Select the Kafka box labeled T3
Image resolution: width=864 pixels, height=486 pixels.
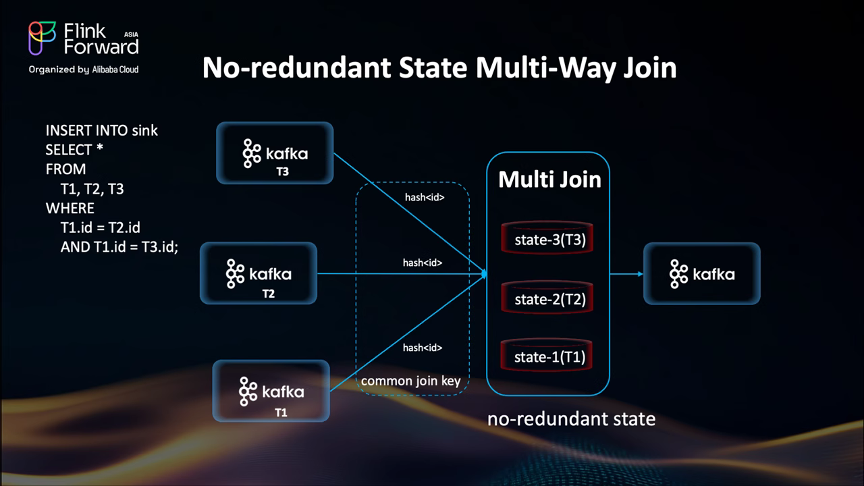(x=275, y=153)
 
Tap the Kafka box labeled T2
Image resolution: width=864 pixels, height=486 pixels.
(x=259, y=273)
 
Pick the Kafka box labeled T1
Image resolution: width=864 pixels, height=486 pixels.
(x=271, y=391)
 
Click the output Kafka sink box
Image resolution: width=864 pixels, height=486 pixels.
(x=702, y=274)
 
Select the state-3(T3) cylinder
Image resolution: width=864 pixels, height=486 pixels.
(x=547, y=239)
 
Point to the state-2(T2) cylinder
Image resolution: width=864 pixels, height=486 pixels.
(x=547, y=298)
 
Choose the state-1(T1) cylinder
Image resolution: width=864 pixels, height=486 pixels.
(x=547, y=357)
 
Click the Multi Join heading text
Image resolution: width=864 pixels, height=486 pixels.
(x=549, y=180)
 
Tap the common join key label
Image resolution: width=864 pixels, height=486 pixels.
(x=411, y=381)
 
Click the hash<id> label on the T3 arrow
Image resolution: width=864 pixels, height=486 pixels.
(x=423, y=198)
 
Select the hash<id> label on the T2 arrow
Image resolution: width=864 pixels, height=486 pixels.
(x=423, y=263)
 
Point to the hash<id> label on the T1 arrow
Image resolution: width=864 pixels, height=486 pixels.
(x=423, y=348)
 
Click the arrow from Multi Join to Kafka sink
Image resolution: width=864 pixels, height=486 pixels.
(x=626, y=274)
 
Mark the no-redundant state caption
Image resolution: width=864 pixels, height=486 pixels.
(x=571, y=419)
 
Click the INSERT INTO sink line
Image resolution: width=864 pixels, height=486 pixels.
(x=102, y=130)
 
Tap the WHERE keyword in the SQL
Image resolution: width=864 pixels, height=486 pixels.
(x=70, y=207)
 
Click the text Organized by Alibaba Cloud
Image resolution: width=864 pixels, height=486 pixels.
(x=84, y=69)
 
